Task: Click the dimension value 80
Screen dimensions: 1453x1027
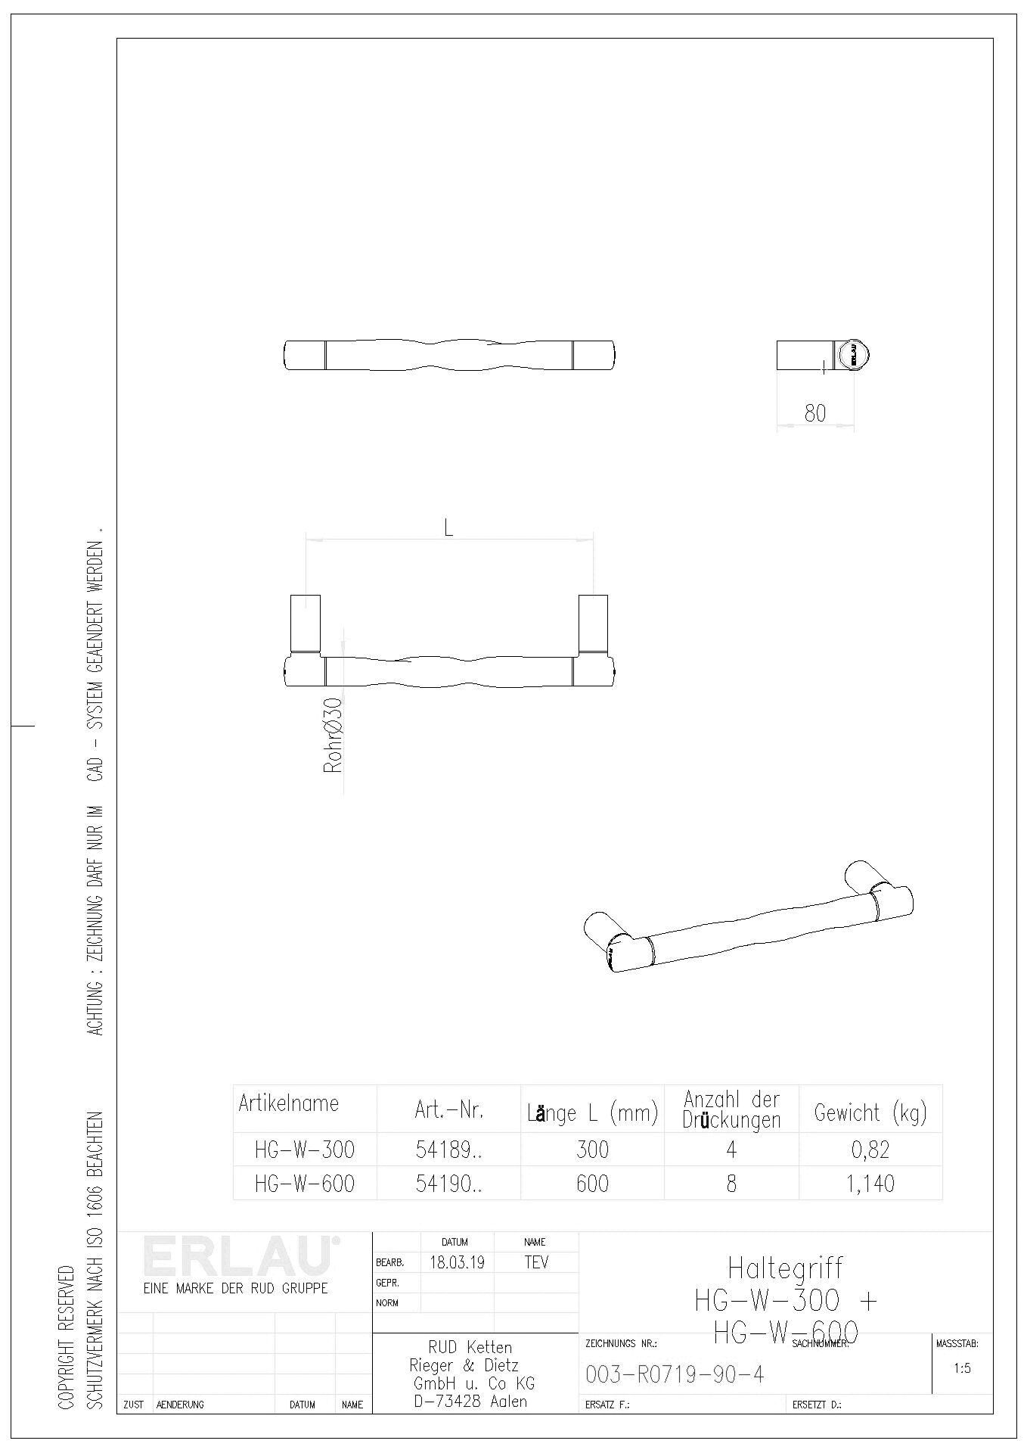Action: click(815, 413)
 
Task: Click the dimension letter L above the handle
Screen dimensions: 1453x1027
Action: click(448, 528)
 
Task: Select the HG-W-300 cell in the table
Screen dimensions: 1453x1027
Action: click(305, 1150)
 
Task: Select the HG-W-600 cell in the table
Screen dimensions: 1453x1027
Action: click(305, 1183)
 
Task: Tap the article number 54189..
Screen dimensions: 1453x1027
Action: click(448, 1150)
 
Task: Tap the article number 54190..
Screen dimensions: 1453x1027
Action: click(448, 1183)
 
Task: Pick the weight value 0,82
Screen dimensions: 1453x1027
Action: click(870, 1150)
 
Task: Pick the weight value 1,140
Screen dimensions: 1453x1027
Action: click(870, 1183)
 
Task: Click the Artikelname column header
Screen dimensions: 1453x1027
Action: click(289, 1103)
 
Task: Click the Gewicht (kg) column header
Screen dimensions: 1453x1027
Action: click(870, 1112)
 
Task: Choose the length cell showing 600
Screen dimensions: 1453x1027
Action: click(592, 1183)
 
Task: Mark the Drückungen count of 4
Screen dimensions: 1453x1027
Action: click(731, 1150)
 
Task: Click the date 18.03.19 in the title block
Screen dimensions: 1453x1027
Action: click(457, 1262)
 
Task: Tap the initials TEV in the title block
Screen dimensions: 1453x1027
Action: click(536, 1262)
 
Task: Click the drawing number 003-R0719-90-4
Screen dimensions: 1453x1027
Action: click(675, 1374)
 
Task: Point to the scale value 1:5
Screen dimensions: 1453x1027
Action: click(962, 1368)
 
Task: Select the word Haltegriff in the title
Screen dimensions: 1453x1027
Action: click(785, 1268)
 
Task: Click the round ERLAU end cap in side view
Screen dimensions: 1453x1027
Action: click(852, 354)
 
